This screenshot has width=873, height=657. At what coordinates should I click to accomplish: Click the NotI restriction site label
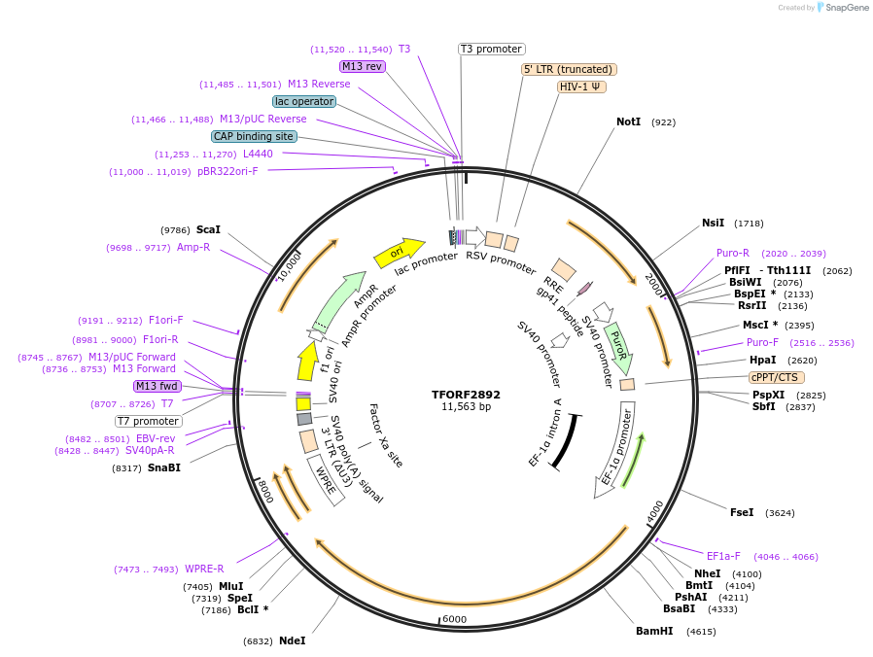pyautogui.click(x=629, y=121)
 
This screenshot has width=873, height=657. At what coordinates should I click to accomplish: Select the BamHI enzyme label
pyautogui.click(x=654, y=631)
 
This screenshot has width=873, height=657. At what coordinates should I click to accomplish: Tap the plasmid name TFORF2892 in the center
pyautogui.click(x=466, y=395)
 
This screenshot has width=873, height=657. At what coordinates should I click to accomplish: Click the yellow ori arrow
pyautogui.click(x=400, y=253)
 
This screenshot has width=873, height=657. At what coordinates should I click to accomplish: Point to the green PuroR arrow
pyautogui.click(x=619, y=347)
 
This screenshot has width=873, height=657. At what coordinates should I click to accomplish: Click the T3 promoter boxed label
pyautogui.click(x=492, y=49)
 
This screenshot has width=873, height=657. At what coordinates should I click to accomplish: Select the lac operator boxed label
pyautogui.click(x=304, y=101)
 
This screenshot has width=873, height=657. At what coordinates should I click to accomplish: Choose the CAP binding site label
pyautogui.click(x=254, y=136)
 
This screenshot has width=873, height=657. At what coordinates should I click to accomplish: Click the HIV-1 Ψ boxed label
pyautogui.click(x=581, y=86)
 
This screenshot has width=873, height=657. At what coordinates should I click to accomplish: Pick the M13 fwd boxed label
pyautogui.click(x=157, y=386)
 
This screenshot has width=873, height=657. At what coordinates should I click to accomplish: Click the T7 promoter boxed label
pyautogui.click(x=149, y=421)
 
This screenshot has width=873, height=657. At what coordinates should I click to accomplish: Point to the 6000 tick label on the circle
pyautogui.click(x=454, y=619)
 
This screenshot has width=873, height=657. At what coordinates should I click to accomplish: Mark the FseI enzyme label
pyautogui.click(x=742, y=512)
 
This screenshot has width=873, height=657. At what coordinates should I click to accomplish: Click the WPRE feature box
pyautogui.click(x=326, y=479)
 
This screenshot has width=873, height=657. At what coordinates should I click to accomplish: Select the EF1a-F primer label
pyautogui.click(x=723, y=556)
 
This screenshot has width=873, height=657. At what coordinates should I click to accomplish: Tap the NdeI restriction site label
pyautogui.click(x=293, y=640)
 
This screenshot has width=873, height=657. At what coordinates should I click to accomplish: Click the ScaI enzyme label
pyautogui.click(x=208, y=230)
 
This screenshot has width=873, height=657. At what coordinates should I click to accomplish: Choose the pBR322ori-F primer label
pyautogui.click(x=227, y=171)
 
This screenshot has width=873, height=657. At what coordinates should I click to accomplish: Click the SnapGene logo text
pyautogui.click(x=847, y=7)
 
